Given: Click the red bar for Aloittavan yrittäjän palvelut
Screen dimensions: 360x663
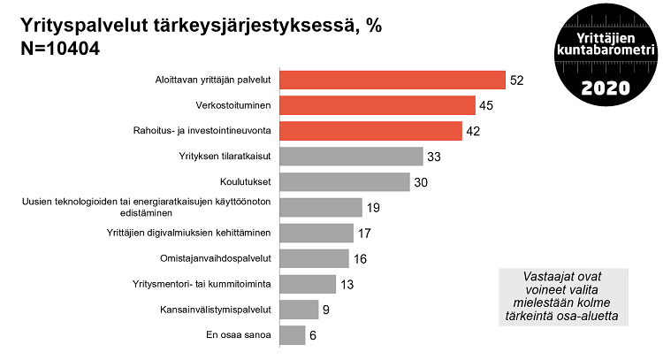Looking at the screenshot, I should click(392, 80).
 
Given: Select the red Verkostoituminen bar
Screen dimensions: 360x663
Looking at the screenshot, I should click(377, 106).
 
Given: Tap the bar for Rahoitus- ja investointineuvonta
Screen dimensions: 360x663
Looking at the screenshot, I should click(370, 131).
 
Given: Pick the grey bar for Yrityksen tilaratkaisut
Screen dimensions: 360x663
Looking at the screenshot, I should click(351, 157).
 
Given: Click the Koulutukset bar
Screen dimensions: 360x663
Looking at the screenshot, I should click(345, 182).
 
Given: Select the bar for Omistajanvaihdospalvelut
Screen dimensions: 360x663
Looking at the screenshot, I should click(314, 258).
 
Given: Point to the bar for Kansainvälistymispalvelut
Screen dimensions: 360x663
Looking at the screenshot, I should click(299, 310).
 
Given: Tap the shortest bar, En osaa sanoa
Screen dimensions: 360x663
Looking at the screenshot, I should click(293, 335).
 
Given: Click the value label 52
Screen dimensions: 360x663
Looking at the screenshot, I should click(517, 80).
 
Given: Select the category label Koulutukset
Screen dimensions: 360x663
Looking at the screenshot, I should click(245, 182).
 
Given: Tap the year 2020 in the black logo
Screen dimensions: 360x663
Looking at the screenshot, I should click(606, 88).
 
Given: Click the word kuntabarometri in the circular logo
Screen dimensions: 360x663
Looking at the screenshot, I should click(606, 55).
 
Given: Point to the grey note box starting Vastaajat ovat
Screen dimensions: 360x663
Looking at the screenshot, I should click(563, 297).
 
